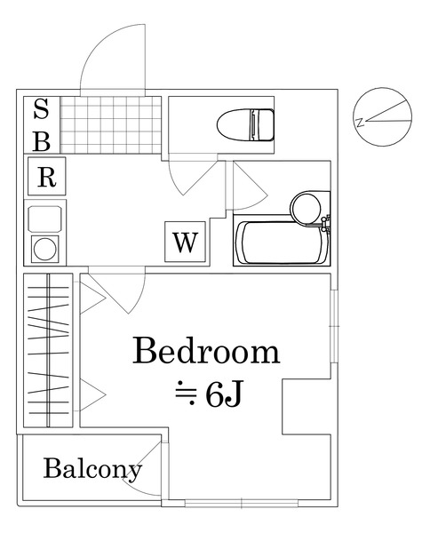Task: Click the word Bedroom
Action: pos(206,353)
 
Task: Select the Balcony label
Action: pos(92,469)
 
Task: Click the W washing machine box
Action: pos(185,242)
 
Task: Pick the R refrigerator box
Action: pos(46,177)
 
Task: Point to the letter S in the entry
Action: pos(42,111)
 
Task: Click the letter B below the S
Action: pos(42,139)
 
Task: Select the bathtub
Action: pos(280,243)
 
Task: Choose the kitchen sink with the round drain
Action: pos(44,248)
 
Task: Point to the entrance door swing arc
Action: pos(111,55)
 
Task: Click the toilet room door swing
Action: pos(191,176)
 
